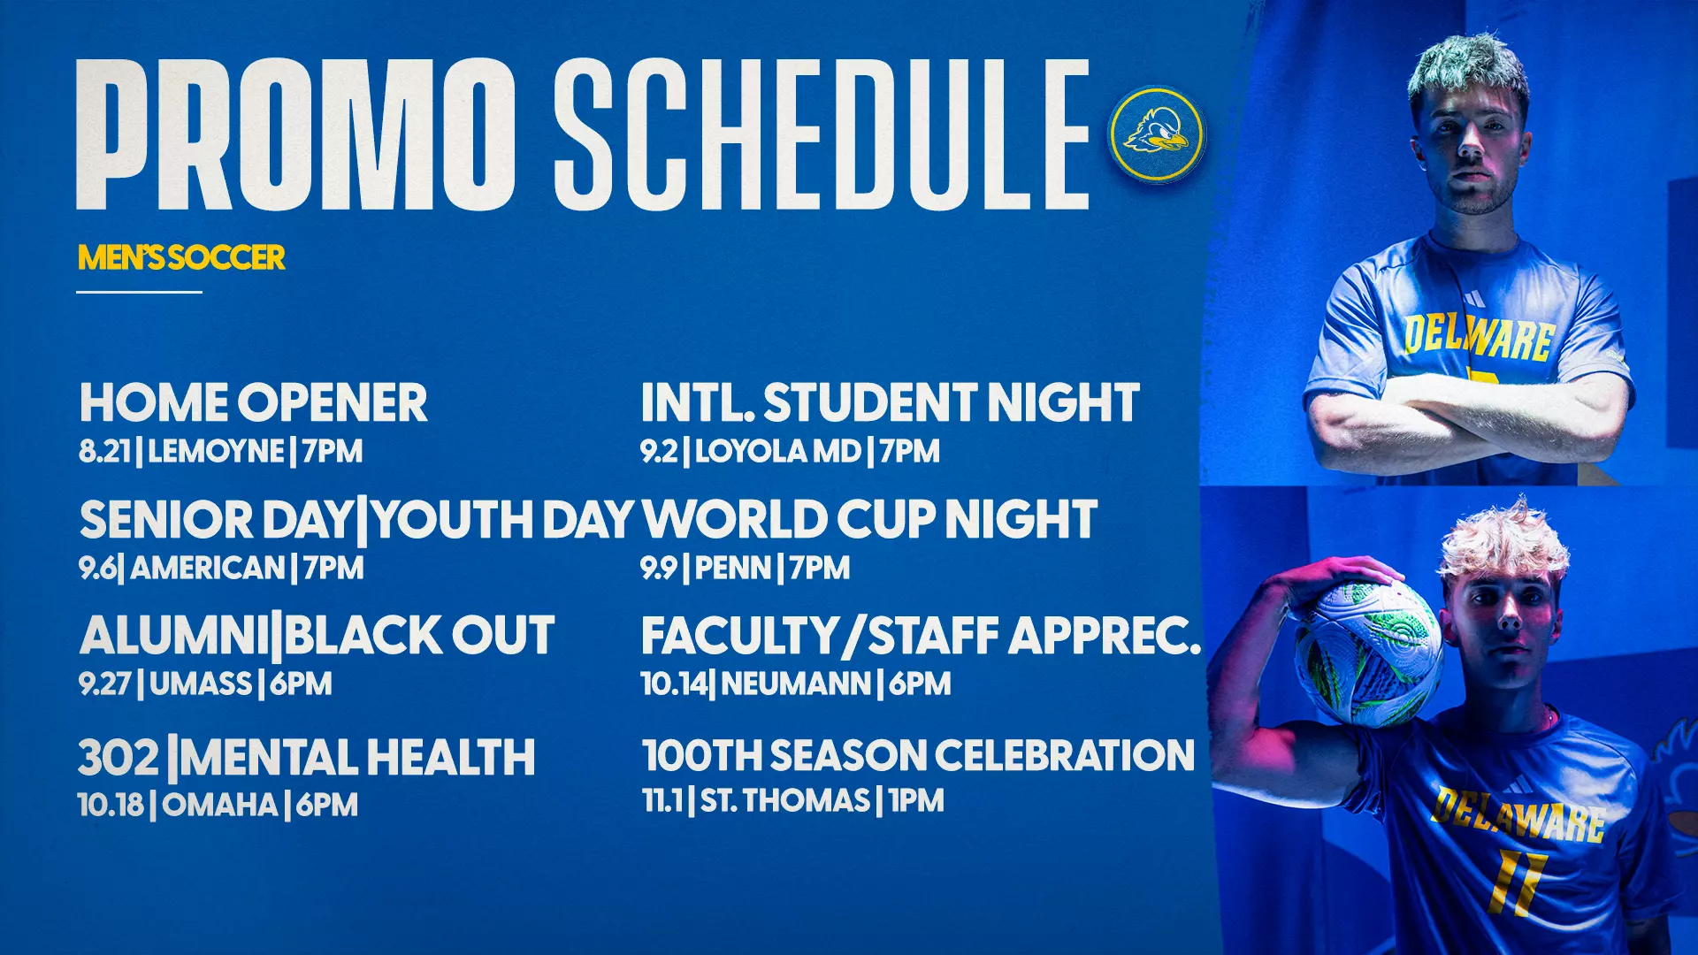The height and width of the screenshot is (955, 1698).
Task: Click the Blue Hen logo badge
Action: pos(1156,134)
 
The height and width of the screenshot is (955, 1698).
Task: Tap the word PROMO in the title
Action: pos(296,134)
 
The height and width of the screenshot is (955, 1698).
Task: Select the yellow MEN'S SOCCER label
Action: pos(181,257)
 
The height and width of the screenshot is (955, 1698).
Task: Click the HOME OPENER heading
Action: pos(254,403)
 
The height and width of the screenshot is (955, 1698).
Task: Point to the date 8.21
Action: pos(104,452)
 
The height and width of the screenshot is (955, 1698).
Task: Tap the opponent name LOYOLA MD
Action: pos(777,452)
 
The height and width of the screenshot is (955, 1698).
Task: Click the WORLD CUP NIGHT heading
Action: pos(869,519)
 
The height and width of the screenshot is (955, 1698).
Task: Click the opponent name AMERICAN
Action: pos(208,568)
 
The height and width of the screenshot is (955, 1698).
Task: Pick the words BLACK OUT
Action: pos(419,636)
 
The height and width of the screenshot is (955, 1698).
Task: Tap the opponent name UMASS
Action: pos(201,684)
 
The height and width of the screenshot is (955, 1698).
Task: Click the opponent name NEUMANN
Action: pos(796,684)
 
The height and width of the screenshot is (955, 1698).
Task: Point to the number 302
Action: pos(118,758)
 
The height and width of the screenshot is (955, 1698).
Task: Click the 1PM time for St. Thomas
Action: pos(916,801)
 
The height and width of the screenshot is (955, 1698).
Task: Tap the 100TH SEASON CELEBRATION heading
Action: pos(918,756)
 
